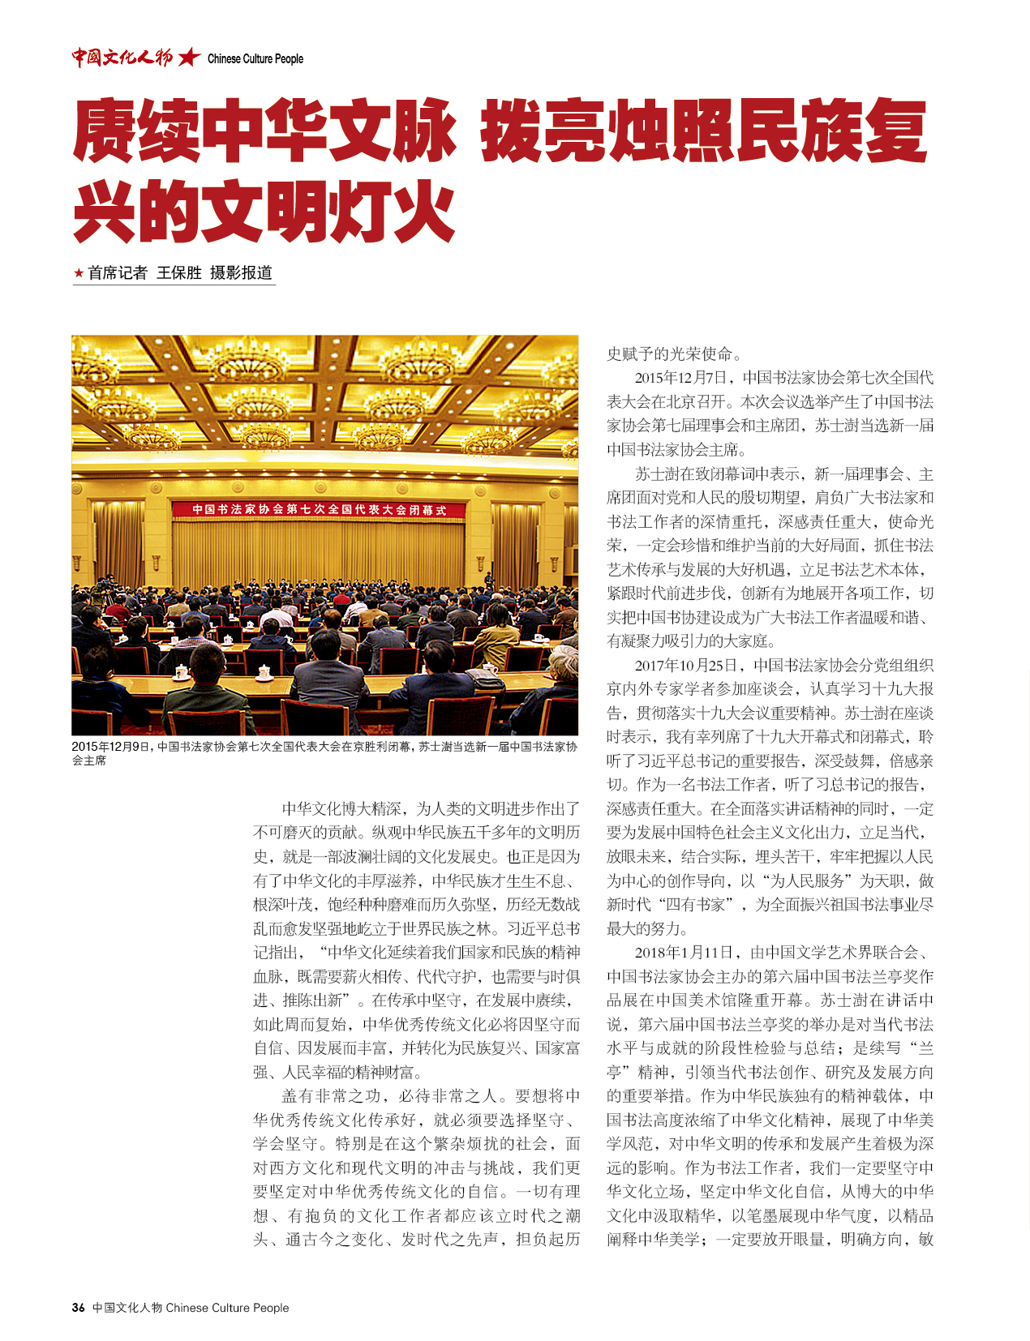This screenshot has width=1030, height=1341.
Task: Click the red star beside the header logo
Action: [189, 58]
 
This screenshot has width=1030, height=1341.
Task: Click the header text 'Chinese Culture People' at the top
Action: [255, 58]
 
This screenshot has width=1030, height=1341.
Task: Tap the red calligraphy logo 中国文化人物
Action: [122, 58]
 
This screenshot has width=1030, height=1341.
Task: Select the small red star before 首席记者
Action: [79, 273]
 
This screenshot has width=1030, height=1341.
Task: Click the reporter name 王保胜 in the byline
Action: [178, 273]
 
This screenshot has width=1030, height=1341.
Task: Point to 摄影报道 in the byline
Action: [241, 273]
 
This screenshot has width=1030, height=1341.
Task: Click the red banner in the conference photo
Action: [320, 510]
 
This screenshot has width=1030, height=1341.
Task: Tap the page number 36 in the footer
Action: [79, 1308]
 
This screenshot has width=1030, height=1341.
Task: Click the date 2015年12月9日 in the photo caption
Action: [111, 747]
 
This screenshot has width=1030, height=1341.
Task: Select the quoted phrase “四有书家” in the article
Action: [688, 905]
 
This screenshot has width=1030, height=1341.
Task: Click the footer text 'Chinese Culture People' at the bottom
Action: [227, 1308]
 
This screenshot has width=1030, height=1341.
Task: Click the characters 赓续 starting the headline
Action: [137, 131]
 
